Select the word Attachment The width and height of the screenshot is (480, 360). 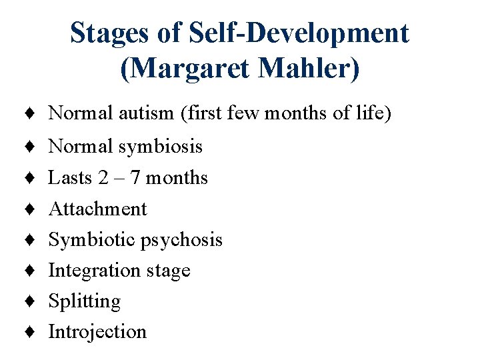pos(97,209)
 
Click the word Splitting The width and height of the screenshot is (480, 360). pos(85,302)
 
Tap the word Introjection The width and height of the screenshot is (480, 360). pos(97,332)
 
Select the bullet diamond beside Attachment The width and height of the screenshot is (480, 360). pos(32,209)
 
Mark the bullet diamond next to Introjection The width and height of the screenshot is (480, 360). pos(32,332)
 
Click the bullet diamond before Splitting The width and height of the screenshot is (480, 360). pos(32,302)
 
